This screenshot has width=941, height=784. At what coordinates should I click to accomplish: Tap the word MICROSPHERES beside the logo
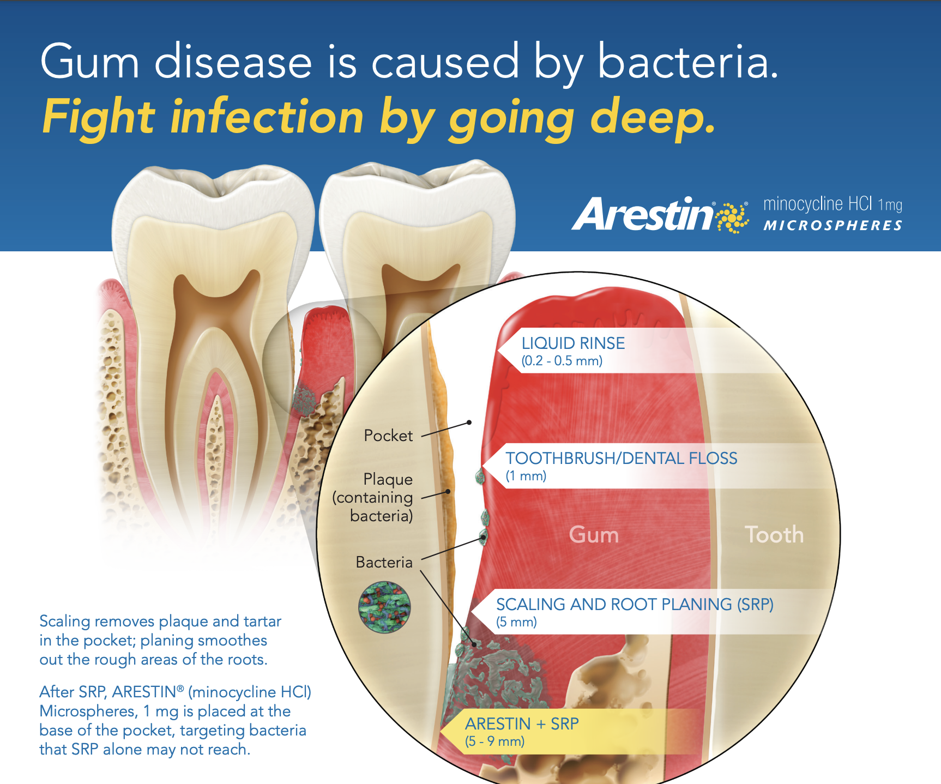(x=833, y=226)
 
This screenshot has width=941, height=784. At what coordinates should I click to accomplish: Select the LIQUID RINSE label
(x=573, y=343)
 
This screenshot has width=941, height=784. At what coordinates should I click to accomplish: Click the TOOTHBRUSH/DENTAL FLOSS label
(x=621, y=459)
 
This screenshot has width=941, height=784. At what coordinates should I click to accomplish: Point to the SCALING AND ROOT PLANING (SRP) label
(x=635, y=605)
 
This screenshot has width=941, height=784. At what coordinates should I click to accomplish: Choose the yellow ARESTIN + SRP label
(x=522, y=724)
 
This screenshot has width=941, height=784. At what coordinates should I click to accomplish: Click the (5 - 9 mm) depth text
(x=494, y=741)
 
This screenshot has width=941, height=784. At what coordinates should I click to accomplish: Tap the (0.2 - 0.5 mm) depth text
(x=562, y=361)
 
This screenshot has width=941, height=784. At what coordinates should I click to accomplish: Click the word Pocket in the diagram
(x=388, y=436)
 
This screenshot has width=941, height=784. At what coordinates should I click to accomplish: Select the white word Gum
(x=594, y=535)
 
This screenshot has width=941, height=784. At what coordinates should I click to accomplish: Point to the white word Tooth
(x=774, y=535)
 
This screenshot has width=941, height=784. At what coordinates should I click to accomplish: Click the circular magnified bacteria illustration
(x=384, y=607)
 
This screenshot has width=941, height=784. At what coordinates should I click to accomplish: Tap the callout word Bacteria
(x=384, y=562)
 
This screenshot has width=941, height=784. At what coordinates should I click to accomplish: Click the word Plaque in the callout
(x=388, y=479)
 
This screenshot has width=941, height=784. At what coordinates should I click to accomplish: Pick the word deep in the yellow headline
(x=653, y=118)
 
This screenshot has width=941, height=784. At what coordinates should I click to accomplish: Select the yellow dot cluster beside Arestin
(x=733, y=217)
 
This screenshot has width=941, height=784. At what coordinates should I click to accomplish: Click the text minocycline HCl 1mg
(x=833, y=204)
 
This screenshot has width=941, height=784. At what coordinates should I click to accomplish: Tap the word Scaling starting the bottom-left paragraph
(x=64, y=622)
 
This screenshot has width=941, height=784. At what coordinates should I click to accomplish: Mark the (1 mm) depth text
(x=526, y=476)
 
